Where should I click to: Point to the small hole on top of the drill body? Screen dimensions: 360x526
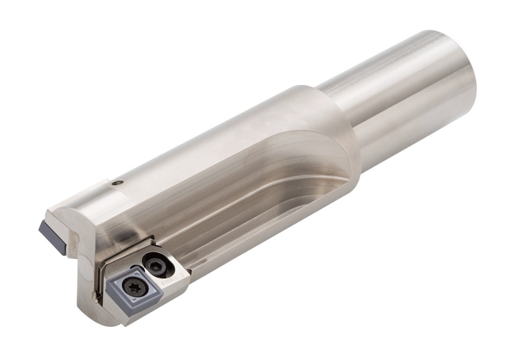point(118,183)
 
